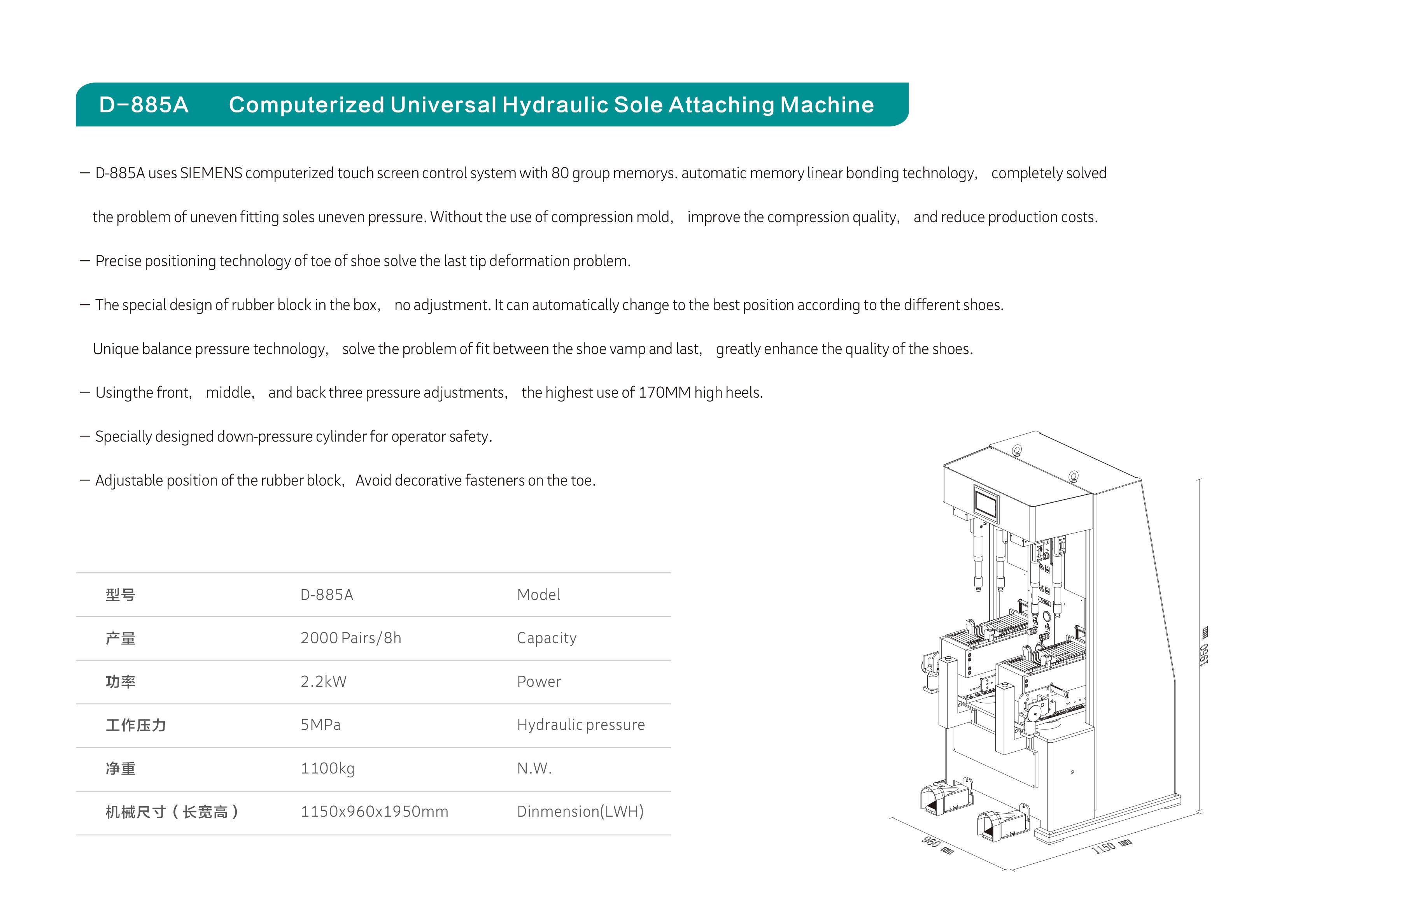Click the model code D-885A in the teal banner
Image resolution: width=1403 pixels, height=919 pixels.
[x=144, y=105]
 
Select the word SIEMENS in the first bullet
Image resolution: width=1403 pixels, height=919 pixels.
[x=211, y=173]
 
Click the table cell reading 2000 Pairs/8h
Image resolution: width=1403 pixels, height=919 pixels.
[x=351, y=638]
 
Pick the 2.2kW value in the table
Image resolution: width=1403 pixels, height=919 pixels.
[x=324, y=681]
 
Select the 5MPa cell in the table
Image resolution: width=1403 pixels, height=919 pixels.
[x=321, y=724]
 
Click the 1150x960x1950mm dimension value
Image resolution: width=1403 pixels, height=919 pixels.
[x=374, y=812]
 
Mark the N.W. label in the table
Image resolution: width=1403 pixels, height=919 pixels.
[x=534, y=768]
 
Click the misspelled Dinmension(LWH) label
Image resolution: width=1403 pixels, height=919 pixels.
[x=580, y=812]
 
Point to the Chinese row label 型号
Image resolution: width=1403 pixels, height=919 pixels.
[x=120, y=595]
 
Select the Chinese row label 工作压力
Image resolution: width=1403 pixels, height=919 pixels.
[x=136, y=725]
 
